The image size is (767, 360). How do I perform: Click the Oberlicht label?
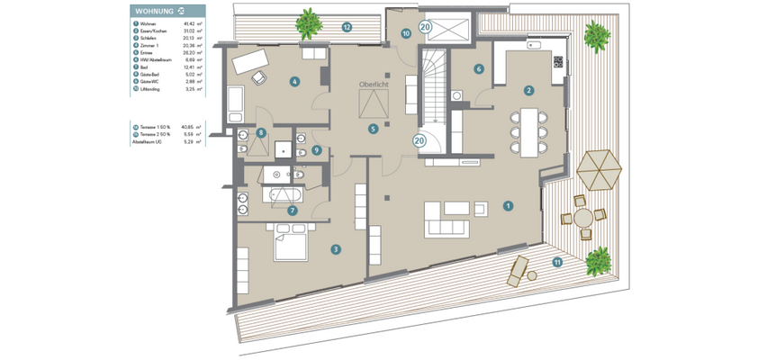374,84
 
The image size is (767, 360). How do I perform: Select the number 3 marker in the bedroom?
335,249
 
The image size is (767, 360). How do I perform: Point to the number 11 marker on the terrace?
556,262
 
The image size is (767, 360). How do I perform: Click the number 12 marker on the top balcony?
346,27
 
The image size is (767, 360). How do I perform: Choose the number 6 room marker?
479,68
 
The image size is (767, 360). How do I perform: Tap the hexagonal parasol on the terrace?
599,168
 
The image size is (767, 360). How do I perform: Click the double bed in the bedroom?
290,242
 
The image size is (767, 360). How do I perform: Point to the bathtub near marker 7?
286,193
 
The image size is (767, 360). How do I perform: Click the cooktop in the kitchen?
558,62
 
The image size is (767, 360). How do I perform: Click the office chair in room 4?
260,78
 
